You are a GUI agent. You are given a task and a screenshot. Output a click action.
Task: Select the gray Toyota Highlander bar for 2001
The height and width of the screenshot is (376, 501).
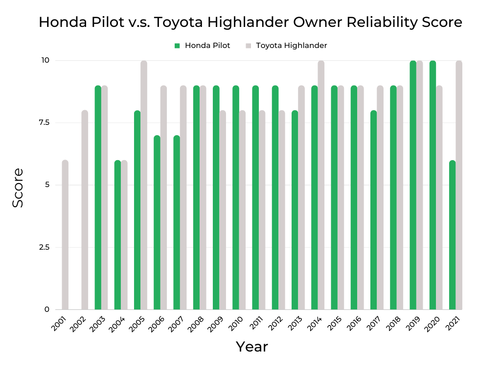pyautogui.click(x=65, y=235)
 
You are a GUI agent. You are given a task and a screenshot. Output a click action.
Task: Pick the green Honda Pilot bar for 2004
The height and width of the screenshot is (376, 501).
pyautogui.click(x=117, y=235)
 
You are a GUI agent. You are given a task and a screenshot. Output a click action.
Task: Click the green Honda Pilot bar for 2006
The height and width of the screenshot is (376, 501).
pyautogui.click(x=157, y=223)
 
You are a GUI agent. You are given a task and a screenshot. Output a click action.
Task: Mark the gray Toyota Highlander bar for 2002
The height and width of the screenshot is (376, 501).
pyautogui.click(x=85, y=210)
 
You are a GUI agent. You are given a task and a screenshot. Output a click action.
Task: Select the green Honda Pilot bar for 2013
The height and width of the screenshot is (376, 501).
pyautogui.click(x=295, y=210)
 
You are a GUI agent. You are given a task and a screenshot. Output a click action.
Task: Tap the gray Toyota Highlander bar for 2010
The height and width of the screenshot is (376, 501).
pyautogui.click(x=242, y=210)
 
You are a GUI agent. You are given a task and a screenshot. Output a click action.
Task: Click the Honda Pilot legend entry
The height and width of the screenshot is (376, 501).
pyautogui.click(x=202, y=46)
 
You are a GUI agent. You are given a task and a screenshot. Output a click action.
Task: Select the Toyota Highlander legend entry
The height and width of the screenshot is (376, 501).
pyautogui.click(x=286, y=46)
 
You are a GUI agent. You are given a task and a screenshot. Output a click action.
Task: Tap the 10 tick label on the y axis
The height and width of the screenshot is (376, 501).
pyautogui.click(x=46, y=60)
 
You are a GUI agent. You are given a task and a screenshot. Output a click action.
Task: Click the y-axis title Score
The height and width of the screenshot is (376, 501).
pyautogui.click(x=18, y=188)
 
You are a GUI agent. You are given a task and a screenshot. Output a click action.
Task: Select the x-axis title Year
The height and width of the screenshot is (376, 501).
pyautogui.click(x=252, y=347)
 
